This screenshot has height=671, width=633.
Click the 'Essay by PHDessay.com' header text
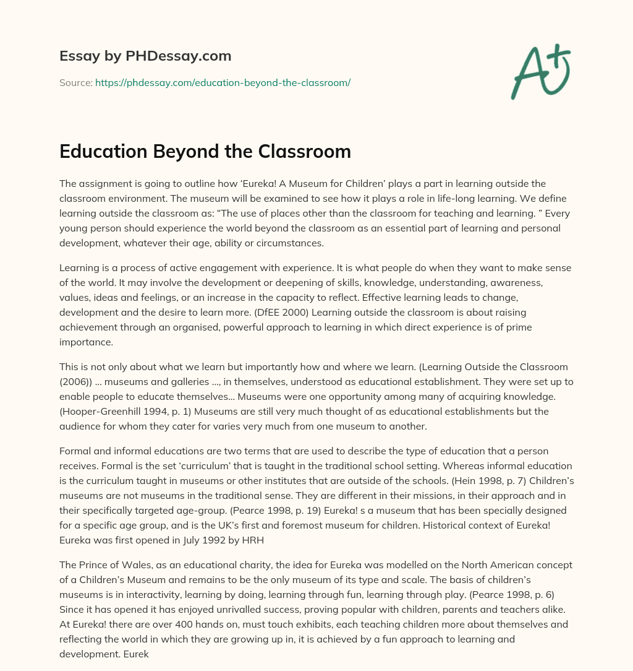click(x=145, y=56)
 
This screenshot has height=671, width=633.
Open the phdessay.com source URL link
click(x=223, y=82)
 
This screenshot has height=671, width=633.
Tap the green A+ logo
click(x=540, y=71)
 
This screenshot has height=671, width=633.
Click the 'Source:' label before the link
click(x=76, y=82)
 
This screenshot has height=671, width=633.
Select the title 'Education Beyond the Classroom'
click(x=205, y=152)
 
